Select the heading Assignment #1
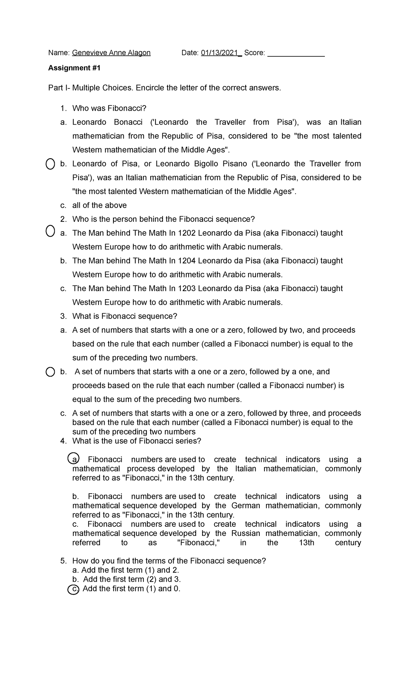point(74,68)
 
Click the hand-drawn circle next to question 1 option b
point(50,164)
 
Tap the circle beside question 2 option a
point(50,231)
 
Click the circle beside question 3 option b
point(50,372)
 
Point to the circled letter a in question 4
point(73,459)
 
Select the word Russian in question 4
point(246,533)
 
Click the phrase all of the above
point(99,205)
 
